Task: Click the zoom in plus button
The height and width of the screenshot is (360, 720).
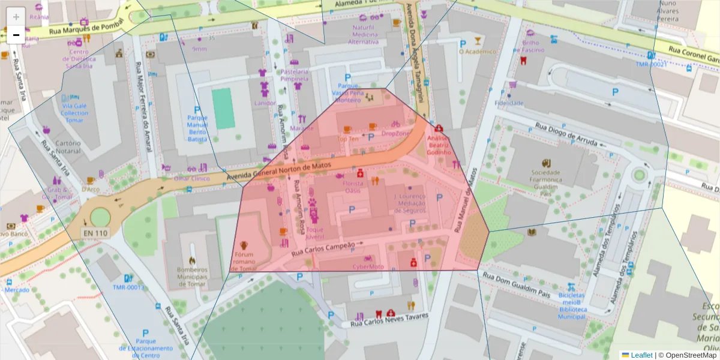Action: click(x=16, y=17)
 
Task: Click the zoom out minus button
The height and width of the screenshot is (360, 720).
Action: click(x=16, y=35)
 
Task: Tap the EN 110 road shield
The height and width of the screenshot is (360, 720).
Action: click(x=95, y=233)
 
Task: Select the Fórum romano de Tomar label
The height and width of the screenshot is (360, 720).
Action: click(x=244, y=261)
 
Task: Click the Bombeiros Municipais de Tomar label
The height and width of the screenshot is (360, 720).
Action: click(x=191, y=277)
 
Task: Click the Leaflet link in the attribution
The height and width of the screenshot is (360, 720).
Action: click(x=641, y=355)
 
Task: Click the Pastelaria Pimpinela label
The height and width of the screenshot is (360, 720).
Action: click(x=294, y=75)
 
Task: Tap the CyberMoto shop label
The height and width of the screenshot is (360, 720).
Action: click(x=368, y=266)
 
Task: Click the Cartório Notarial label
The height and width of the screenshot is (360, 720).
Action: click(x=68, y=148)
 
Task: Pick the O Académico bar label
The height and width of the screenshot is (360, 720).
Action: click(x=477, y=52)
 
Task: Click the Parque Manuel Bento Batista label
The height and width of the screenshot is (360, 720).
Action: click(x=197, y=128)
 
